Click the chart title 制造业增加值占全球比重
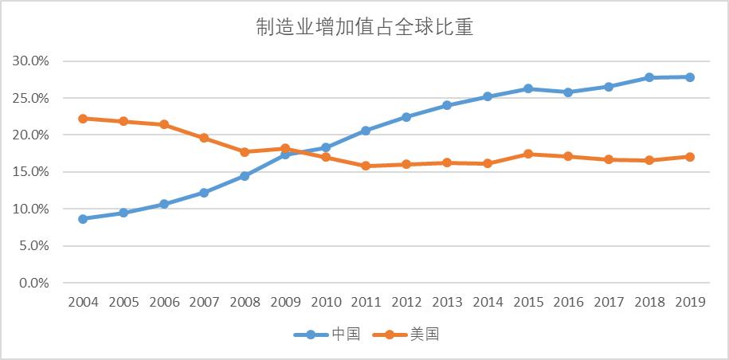click(364, 29)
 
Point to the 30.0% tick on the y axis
click(31, 61)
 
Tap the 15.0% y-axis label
click(31, 172)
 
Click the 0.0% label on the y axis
click(34, 283)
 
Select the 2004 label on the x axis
click(83, 303)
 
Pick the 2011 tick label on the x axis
click(366, 303)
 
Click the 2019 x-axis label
click(689, 303)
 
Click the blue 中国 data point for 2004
click(83, 218)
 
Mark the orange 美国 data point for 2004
click(83, 119)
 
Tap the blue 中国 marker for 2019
click(689, 77)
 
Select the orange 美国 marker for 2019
click(689, 157)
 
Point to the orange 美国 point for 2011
click(366, 166)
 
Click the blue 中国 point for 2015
click(527, 88)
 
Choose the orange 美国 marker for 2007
click(204, 138)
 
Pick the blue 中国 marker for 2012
click(406, 117)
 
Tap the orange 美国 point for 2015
click(527, 154)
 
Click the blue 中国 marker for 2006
click(163, 204)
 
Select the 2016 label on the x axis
click(568, 303)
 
